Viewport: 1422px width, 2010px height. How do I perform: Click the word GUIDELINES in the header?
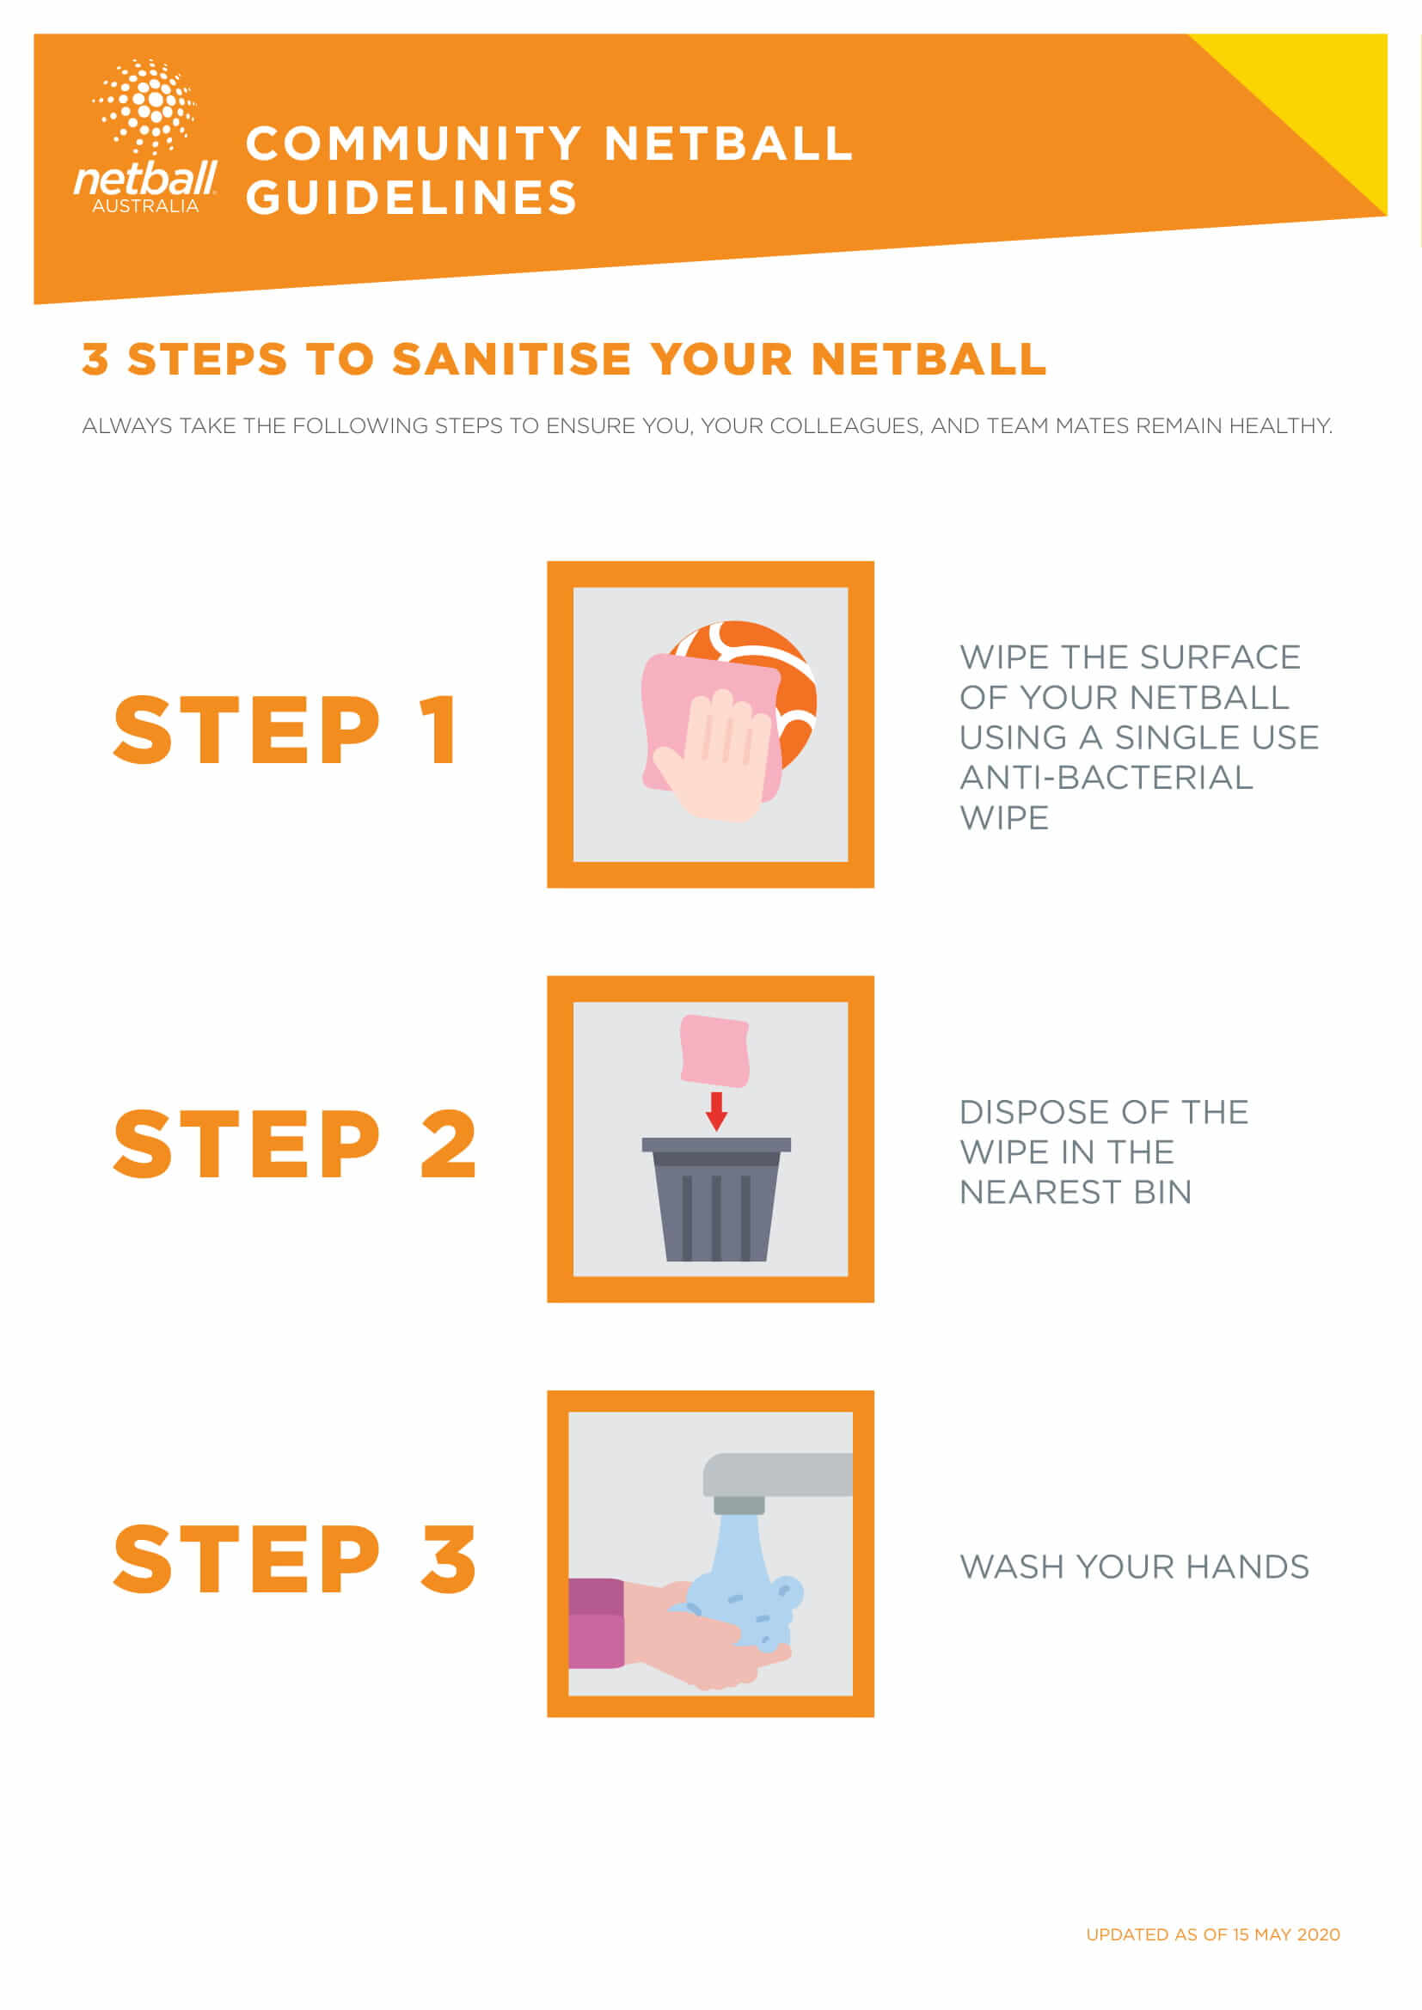(x=412, y=198)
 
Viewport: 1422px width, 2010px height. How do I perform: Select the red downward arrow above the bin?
(x=717, y=1111)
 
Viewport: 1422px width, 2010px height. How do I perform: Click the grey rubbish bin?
(x=716, y=1200)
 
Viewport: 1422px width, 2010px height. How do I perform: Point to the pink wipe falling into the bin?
(x=715, y=1050)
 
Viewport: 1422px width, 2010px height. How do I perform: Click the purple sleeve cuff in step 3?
(x=597, y=1623)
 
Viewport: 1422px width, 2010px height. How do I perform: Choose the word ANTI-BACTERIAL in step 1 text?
(x=1106, y=778)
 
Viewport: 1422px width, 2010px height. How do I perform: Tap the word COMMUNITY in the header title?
(x=414, y=144)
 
